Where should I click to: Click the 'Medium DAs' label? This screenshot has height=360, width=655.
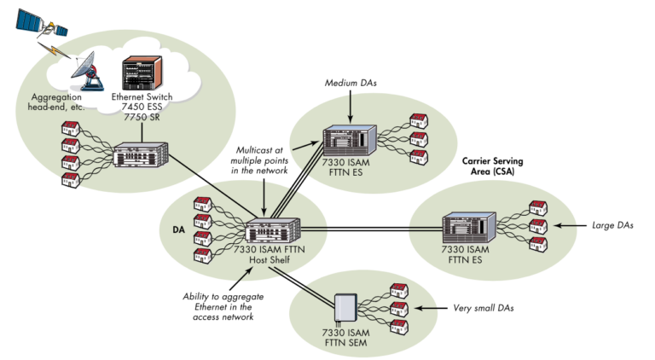point(350,84)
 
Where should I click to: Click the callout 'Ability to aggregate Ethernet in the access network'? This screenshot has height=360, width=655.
point(217,305)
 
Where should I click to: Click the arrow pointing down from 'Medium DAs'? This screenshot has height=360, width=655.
point(350,104)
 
